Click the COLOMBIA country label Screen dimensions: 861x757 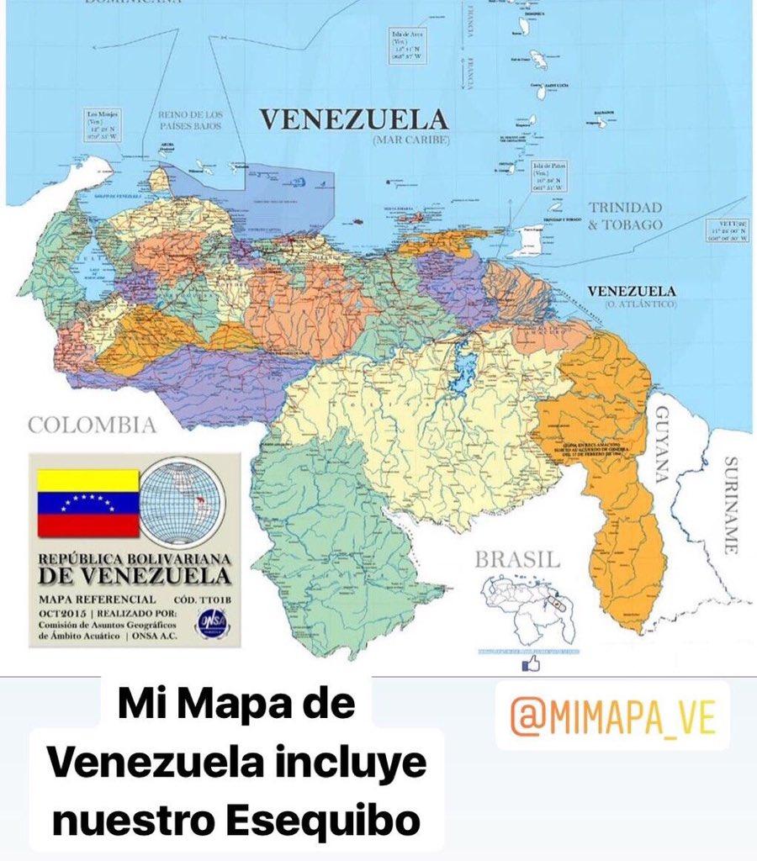coord(92,425)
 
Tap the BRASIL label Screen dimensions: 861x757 coord(516,559)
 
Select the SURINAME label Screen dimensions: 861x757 coord(730,504)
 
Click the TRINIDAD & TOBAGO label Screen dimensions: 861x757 coord(625,216)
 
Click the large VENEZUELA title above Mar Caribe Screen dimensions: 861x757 coord(352,119)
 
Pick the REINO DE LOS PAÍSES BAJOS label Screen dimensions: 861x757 coord(189,119)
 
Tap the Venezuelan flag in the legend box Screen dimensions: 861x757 coord(87,504)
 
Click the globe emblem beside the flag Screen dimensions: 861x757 coord(182,503)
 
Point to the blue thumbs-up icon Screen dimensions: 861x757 coord(531,664)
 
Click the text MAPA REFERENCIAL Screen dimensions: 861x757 coord(97,599)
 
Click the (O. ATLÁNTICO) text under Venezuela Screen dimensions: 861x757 coord(632,304)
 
